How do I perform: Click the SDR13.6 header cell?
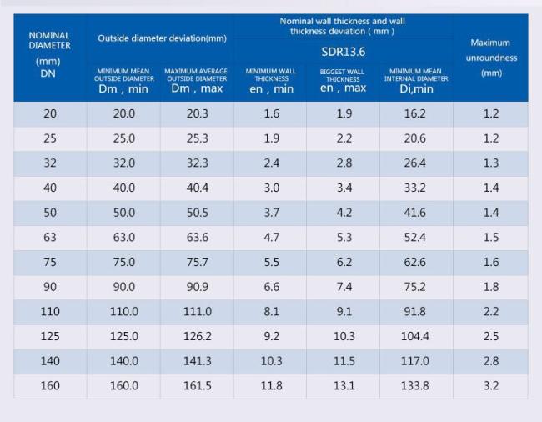[344, 52]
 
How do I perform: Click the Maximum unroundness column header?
[491, 57]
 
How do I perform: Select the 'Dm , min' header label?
[123, 88]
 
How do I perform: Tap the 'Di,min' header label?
[415, 88]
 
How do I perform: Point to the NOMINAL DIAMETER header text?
[49, 40]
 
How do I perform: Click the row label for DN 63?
[50, 237]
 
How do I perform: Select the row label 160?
[50, 385]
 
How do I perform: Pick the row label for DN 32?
[50, 163]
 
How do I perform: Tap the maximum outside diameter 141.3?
[197, 361]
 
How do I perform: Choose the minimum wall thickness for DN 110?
[272, 311]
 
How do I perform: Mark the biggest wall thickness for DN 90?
[344, 287]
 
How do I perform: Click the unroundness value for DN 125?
[491, 336]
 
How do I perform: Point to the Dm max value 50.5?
[197, 213]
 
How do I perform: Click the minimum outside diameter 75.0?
[123, 262]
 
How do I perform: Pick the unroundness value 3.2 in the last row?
[491, 385]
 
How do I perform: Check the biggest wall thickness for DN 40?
[344, 188]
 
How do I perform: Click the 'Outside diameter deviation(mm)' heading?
[162, 38]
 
